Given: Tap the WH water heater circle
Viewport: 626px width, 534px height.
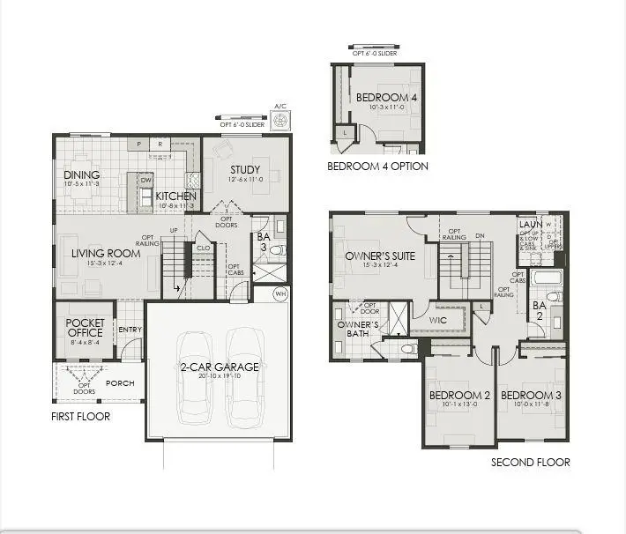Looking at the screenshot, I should pyautogui.click(x=280, y=293).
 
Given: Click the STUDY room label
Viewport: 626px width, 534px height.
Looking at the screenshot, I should pyautogui.click(x=245, y=169).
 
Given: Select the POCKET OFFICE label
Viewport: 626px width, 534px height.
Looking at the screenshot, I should pyautogui.click(x=85, y=328).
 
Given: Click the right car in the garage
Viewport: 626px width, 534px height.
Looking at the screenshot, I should pyautogui.click(x=245, y=375).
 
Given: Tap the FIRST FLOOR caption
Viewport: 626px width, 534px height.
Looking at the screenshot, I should pyautogui.click(x=80, y=416).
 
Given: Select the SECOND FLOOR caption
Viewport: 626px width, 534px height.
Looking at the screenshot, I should pyautogui.click(x=531, y=462).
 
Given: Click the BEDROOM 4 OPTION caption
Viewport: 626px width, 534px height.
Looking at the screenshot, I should pyautogui.click(x=377, y=166).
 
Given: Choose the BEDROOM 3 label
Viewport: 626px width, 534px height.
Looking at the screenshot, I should pyautogui.click(x=530, y=395).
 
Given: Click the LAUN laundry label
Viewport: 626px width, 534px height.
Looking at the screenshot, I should pyautogui.click(x=529, y=225).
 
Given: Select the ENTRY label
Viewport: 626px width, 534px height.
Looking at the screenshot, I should pyautogui.click(x=130, y=330).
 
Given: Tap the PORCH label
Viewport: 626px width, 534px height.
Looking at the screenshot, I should pyautogui.click(x=119, y=383).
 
